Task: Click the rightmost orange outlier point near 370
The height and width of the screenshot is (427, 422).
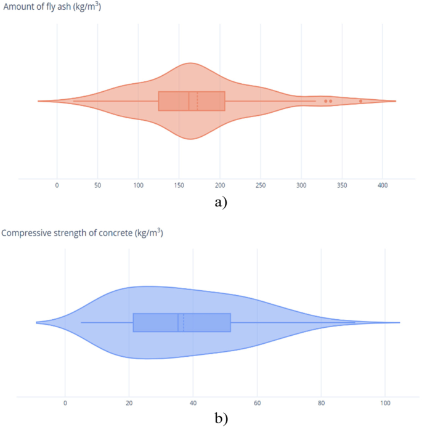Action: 360,101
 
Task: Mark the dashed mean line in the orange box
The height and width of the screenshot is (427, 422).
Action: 197,101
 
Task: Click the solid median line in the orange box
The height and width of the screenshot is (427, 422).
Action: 189,101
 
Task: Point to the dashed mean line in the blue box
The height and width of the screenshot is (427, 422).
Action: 184,322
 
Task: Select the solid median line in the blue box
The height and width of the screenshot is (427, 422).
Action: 178,322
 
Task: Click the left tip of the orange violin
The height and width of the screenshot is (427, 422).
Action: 39,101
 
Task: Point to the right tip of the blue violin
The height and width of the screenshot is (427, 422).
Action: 399,322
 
